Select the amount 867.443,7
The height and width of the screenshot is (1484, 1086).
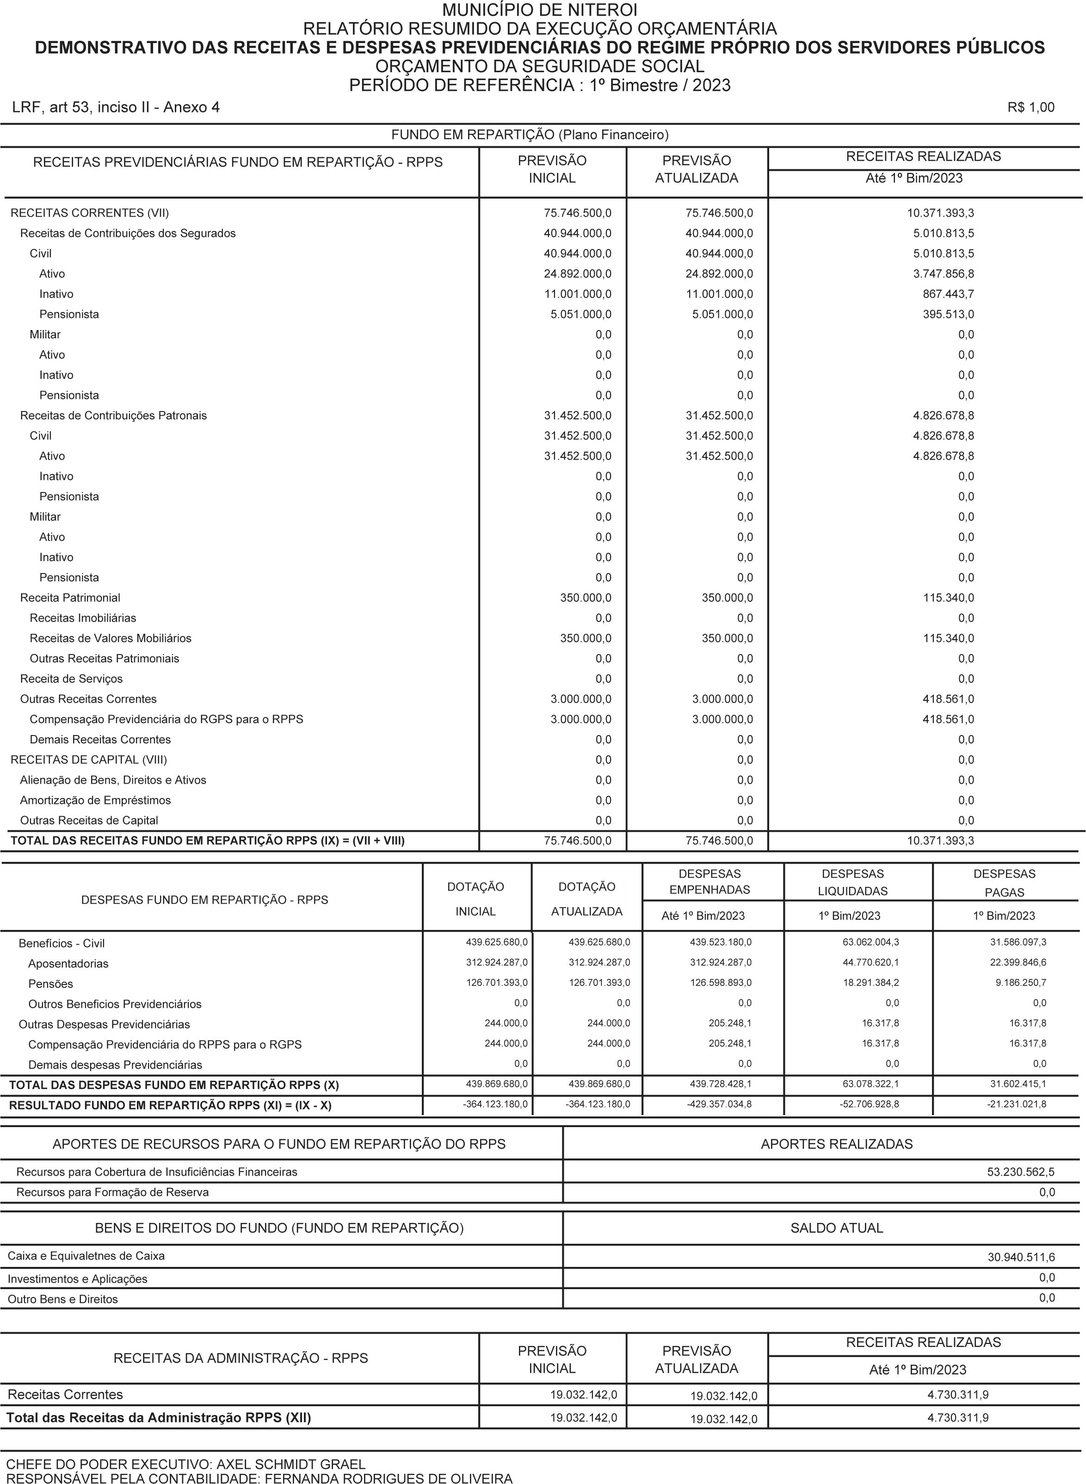coord(948,294)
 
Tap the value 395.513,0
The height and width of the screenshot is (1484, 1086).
coord(948,314)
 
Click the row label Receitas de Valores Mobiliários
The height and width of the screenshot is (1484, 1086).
coord(111,638)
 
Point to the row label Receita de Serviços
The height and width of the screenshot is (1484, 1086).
coord(71,679)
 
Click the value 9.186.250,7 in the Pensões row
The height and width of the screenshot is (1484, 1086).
coord(1018,983)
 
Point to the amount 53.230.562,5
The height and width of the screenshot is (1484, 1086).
coord(1021,1172)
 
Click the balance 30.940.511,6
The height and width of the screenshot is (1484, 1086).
coord(1021,1257)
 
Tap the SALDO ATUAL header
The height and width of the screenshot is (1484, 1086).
coord(836,1228)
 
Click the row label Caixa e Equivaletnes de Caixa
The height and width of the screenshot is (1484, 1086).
coord(86,1256)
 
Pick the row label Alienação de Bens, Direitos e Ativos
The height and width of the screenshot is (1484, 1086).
coord(113,780)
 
